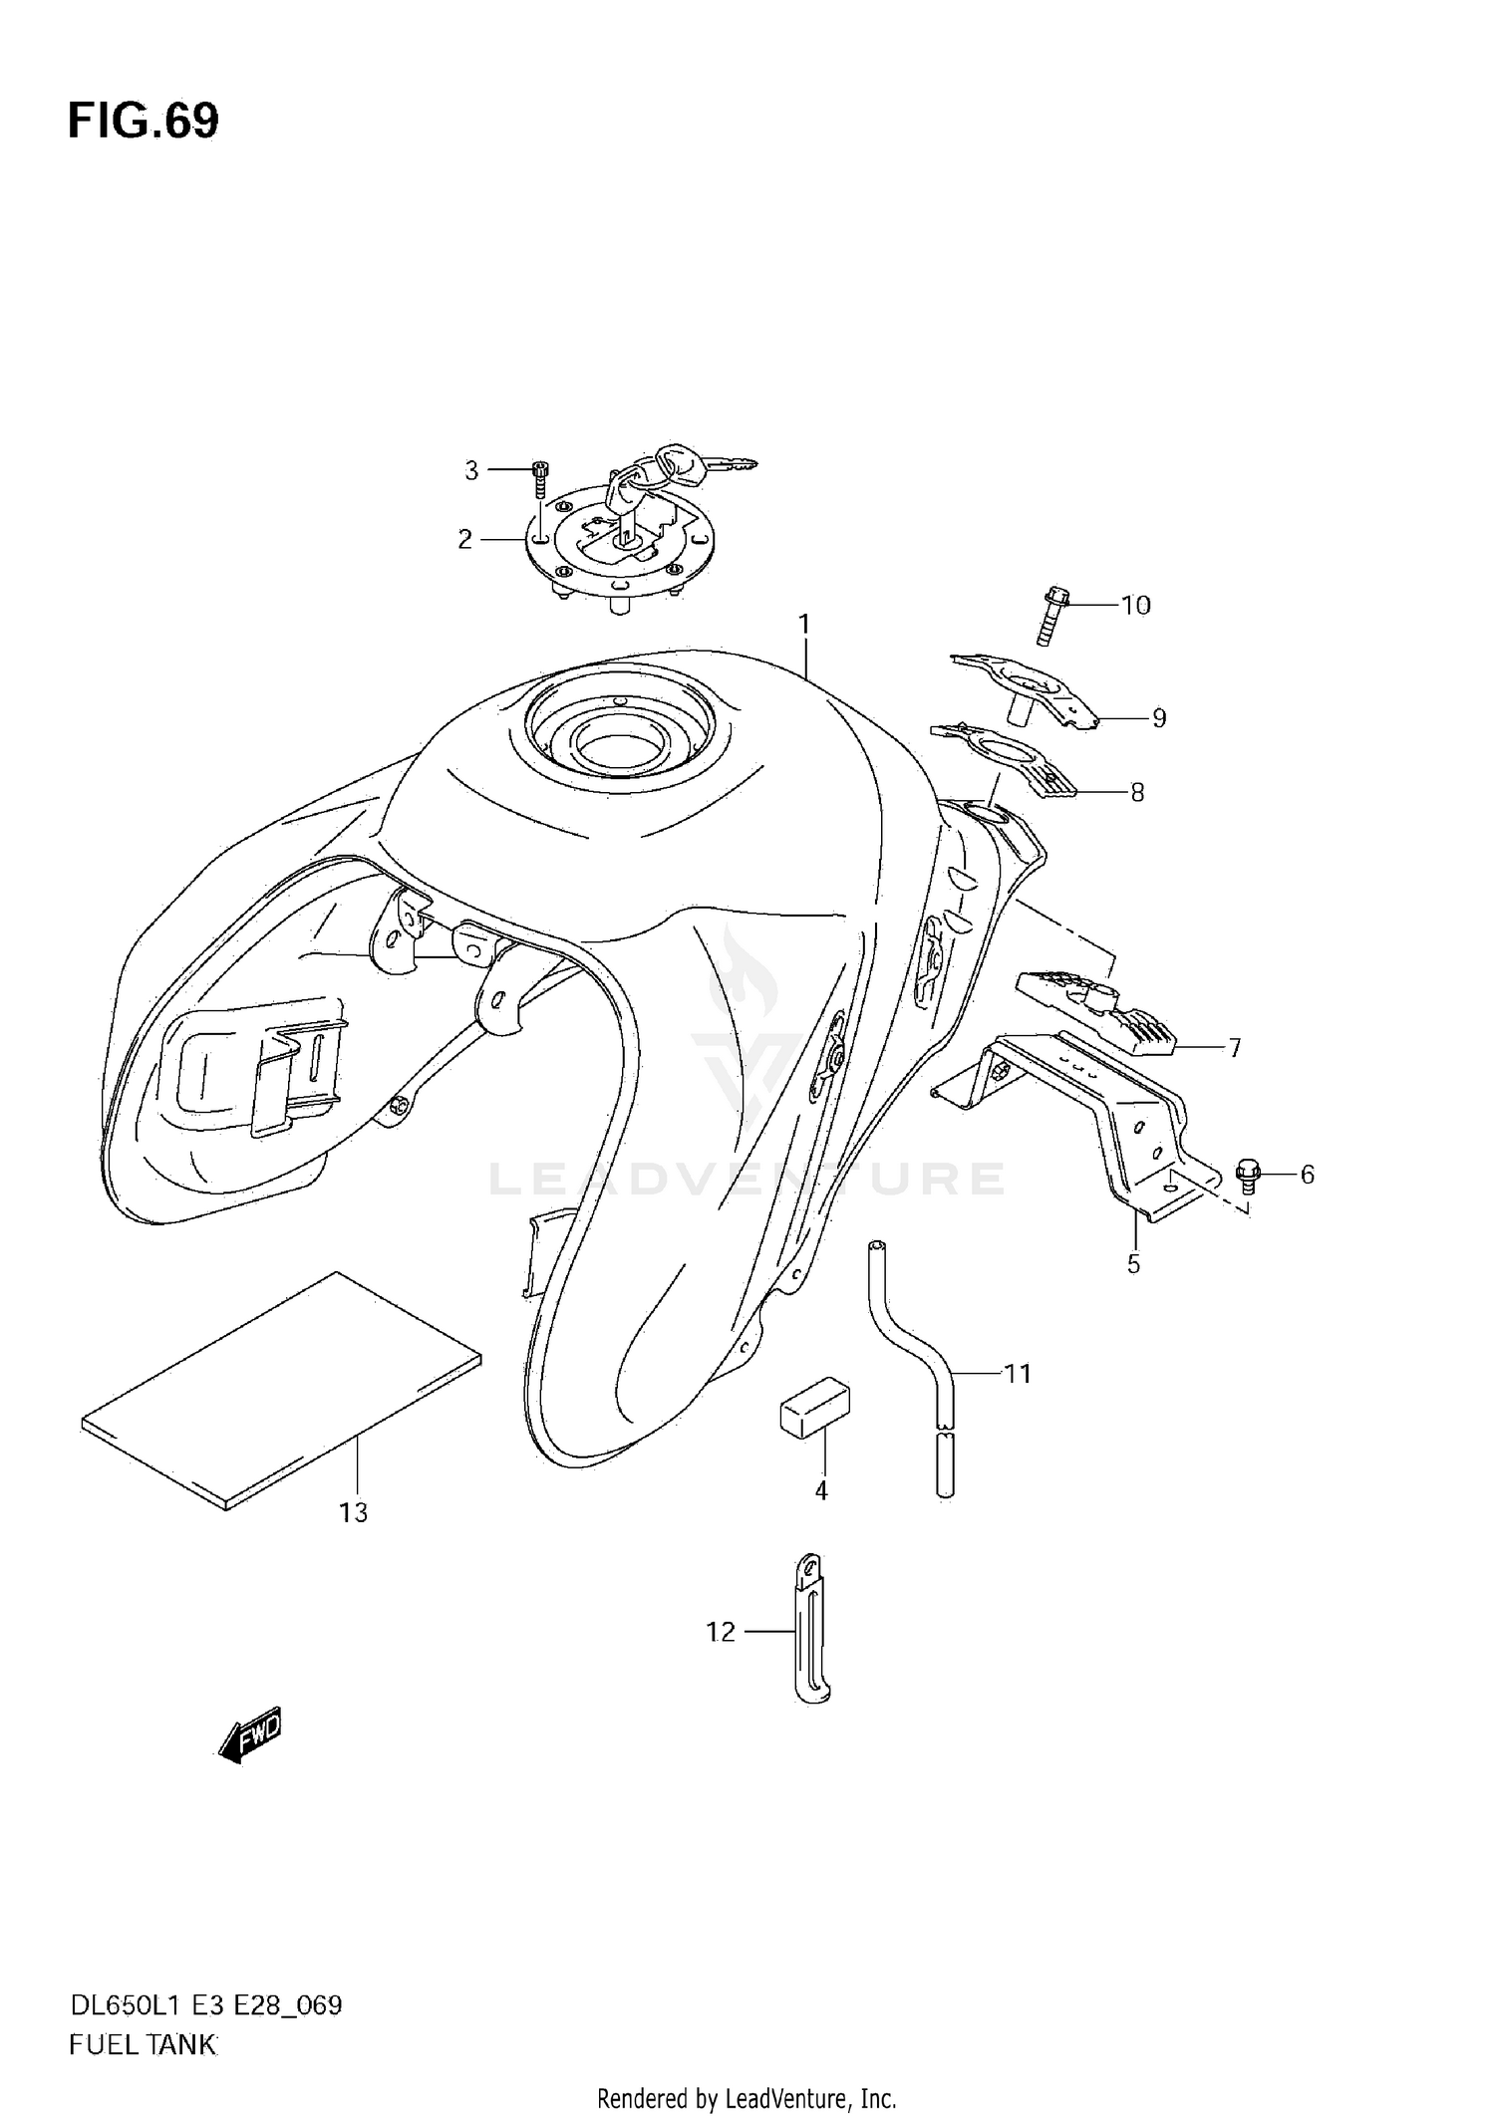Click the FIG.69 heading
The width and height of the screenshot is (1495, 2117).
pos(144,121)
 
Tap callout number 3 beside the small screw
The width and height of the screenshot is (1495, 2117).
pos(471,470)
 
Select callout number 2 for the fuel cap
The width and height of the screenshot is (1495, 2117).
pos(464,539)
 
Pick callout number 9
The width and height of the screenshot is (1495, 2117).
pos(1158,717)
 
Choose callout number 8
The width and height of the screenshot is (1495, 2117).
pos(1137,792)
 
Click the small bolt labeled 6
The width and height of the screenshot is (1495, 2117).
pos(1247,1174)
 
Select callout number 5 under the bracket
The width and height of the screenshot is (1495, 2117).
pos(1133,1264)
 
